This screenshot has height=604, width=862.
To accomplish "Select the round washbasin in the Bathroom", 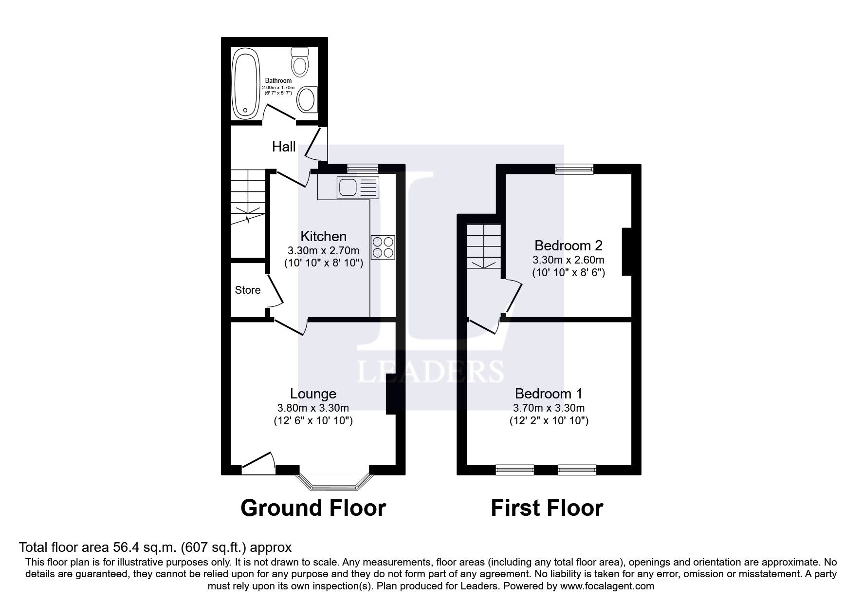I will point(307,100).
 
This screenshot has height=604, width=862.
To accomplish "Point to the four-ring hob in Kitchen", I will point(383,247).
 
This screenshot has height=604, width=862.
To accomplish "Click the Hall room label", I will point(284,147).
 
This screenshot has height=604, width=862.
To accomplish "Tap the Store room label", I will point(248,290).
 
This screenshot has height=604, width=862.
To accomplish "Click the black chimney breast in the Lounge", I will point(391,397).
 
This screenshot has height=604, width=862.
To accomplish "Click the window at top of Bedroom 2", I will point(574,169).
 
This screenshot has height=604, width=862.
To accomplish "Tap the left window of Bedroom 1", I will point(514,470).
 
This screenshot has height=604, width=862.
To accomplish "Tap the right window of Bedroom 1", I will point(577,470).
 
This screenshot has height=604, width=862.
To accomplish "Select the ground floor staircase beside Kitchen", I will point(247,196).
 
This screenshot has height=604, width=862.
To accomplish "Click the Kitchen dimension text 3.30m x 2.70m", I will point(324,251).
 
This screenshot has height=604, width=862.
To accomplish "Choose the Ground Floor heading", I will point(313,508).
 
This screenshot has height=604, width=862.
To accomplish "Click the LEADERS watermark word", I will point(430,372).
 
